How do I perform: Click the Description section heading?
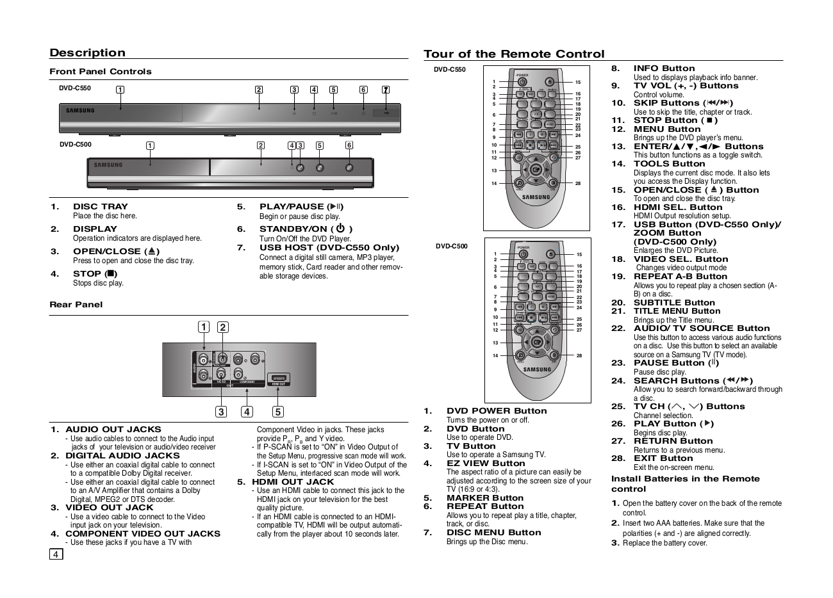coord(88,53)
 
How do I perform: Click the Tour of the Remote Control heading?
coord(514,54)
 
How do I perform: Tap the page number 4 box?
coord(56,554)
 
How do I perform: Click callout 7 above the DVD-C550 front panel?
coord(385,90)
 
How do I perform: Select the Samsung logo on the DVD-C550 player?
coord(80,111)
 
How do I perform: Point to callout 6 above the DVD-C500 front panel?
coord(349,145)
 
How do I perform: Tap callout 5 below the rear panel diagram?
coord(277,412)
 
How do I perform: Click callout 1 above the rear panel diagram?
coord(203,327)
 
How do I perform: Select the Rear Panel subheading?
coord(76,305)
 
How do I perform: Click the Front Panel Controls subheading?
coord(101,72)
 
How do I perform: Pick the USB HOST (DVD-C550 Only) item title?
coord(329,248)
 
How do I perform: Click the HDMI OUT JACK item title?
coord(293,482)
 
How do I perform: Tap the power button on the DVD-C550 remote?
coord(523,81)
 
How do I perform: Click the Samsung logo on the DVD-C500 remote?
coord(537,369)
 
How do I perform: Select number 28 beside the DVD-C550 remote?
coord(578,184)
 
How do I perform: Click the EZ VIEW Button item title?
coord(486,464)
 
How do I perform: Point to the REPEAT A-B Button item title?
coord(680,277)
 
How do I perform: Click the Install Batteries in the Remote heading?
coord(685,479)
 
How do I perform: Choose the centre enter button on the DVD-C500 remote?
coord(536,342)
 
